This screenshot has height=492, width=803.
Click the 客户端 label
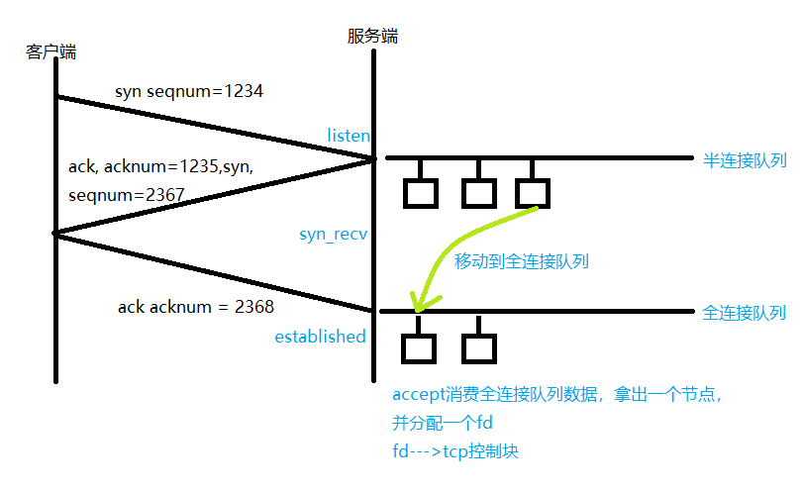pos(51,51)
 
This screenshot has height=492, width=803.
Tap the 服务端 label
pos(372,36)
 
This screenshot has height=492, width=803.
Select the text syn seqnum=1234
pos(188,91)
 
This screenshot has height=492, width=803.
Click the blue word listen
pos(349,135)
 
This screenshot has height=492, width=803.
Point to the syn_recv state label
pos(334,235)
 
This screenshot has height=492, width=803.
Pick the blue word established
pos(320,337)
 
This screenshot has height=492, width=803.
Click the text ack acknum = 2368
pos(195,307)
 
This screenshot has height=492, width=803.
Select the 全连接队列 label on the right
pos(744,313)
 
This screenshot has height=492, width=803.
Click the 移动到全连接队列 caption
pos(522,261)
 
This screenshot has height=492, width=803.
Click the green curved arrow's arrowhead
pos(420,303)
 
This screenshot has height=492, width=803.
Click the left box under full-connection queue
pos(420,347)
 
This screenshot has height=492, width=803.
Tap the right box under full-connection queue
pos(477,347)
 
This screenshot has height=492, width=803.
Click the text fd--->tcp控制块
pos(455,451)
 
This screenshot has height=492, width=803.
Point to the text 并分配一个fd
pos(443,424)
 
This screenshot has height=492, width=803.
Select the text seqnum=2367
pos(127,195)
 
